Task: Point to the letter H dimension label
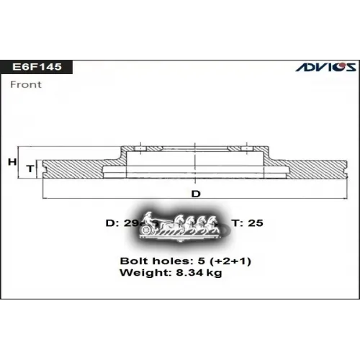(x=12, y=162)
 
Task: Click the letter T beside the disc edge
(x=30, y=168)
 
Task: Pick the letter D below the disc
(x=195, y=194)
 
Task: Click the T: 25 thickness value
(x=248, y=223)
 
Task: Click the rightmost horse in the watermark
(x=214, y=224)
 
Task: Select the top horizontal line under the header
(x=180, y=75)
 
